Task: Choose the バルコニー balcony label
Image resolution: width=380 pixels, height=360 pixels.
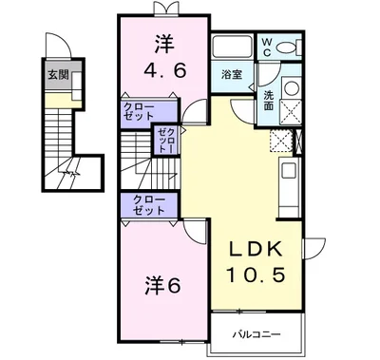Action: pos(255,335)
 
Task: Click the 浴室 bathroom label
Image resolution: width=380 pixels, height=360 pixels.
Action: pos(231,74)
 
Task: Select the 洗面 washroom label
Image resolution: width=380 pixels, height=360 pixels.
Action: pos(269,100)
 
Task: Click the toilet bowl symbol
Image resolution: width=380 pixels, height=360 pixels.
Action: pos(290,47)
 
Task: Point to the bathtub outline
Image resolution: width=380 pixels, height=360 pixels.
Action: pos(231,47)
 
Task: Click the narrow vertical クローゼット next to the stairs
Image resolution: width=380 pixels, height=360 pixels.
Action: pos(166,140)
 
